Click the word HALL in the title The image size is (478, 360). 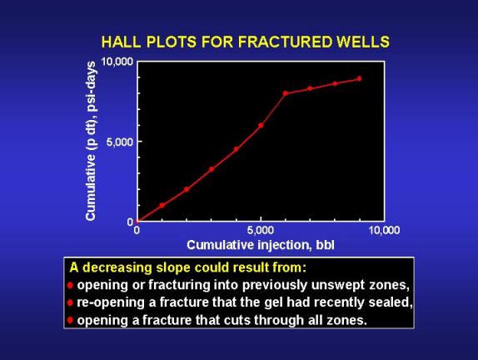click(x=122, y=42)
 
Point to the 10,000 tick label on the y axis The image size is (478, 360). click(x=117, y=62)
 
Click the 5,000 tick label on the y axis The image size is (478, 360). click(x=120, y=142)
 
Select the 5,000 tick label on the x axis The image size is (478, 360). click(x=261, y=230)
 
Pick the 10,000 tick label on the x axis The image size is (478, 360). click(x=384, y=230)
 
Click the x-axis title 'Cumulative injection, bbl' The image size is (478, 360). click(x=261, y=245)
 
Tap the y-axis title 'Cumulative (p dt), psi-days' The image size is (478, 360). click(x=91, y=141)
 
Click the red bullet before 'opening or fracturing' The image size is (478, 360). click(x=71, y=286)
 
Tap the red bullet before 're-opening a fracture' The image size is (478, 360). click(x=71, y=303)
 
